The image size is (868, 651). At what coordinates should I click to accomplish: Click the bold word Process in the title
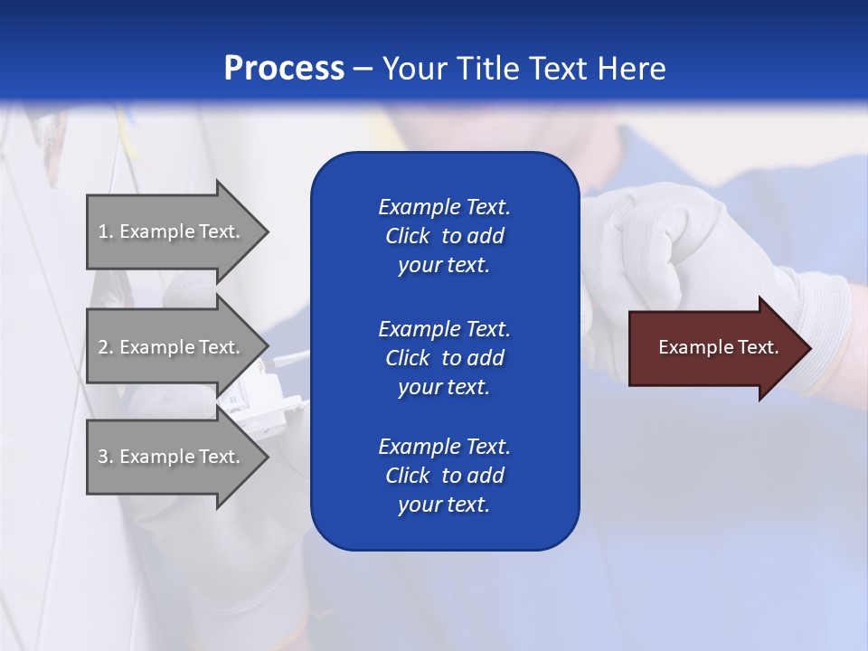point(284,69)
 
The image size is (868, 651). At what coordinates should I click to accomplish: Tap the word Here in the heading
point(632,69)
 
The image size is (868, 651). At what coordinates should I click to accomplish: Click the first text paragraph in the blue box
point(444,236)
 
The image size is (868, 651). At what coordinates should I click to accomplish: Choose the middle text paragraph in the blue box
point(444,358)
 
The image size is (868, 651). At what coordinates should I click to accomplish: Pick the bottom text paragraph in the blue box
point(444,476)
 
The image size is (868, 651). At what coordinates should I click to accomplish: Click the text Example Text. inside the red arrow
point(719,347)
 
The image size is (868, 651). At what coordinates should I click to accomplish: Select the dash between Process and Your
point(363,70)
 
